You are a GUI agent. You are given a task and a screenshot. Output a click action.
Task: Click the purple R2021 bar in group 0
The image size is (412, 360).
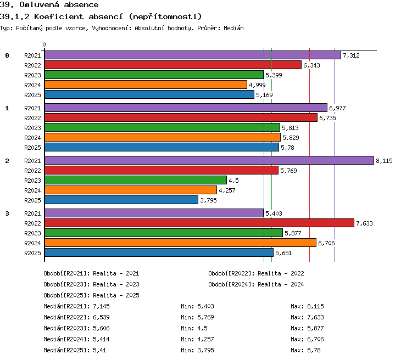pyautogui.click(x=193, y=55)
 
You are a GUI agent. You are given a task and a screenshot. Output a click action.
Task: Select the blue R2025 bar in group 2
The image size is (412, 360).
pyautogui.click(x=121, y=200)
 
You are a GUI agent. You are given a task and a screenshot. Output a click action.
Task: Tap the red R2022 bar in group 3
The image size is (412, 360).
pyautogui.click(x=199, y=223)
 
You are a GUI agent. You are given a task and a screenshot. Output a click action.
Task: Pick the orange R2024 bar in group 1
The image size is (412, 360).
pyautogui.click(x=163, y=137)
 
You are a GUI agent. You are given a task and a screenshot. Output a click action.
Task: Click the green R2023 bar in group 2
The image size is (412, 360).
pyautogui.click(x=136, y=180)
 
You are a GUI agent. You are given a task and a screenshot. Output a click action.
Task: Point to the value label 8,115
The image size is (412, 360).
pyautogui.click(x=384, y=161)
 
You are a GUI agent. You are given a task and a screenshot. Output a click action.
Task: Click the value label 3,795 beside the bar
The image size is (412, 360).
pyautogui.click(x=208, y=200)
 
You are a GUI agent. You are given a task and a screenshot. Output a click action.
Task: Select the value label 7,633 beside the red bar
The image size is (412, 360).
pyautogui.click(x=364, y=223)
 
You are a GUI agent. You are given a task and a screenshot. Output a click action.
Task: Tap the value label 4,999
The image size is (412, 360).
pyautogui.click(x=257, y=85)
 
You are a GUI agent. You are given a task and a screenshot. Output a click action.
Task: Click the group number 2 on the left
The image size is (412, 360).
pyautogui.click(x=7, y=161)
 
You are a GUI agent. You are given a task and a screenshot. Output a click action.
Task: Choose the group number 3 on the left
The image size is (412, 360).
pyautogui.click(x=7, y=213)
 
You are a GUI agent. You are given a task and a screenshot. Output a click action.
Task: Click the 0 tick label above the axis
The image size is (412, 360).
pyautogui.click(x=44, y=44)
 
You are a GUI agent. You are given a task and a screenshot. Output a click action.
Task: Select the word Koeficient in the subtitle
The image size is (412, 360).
pyautogui.click(x=59, y=17)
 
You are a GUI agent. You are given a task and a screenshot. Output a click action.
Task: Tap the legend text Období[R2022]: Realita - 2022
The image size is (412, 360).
pyautogui.click(x=256, y=273)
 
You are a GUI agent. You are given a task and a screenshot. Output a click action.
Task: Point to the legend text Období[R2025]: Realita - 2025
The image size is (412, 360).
pyautogui.click(x=91, y=295)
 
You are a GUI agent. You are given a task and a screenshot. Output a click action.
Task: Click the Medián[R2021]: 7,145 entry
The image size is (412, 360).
pyautogui.click(x=76, y=306)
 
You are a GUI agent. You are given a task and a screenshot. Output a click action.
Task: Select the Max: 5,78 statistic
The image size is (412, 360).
pyautogui.click(x=305, y=350)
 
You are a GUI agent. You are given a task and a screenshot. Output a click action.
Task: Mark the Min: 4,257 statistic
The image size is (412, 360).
pyautogui.click(x=197, y=339)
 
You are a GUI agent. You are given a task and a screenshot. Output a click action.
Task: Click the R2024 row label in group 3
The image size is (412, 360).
pyautogui.click(x=32, y=243)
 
